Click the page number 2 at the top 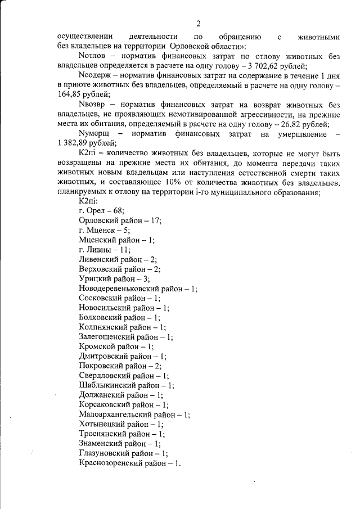point(198,23)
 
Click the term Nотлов point(93,57)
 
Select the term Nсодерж point(96,76)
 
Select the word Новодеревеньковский point(120,289)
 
